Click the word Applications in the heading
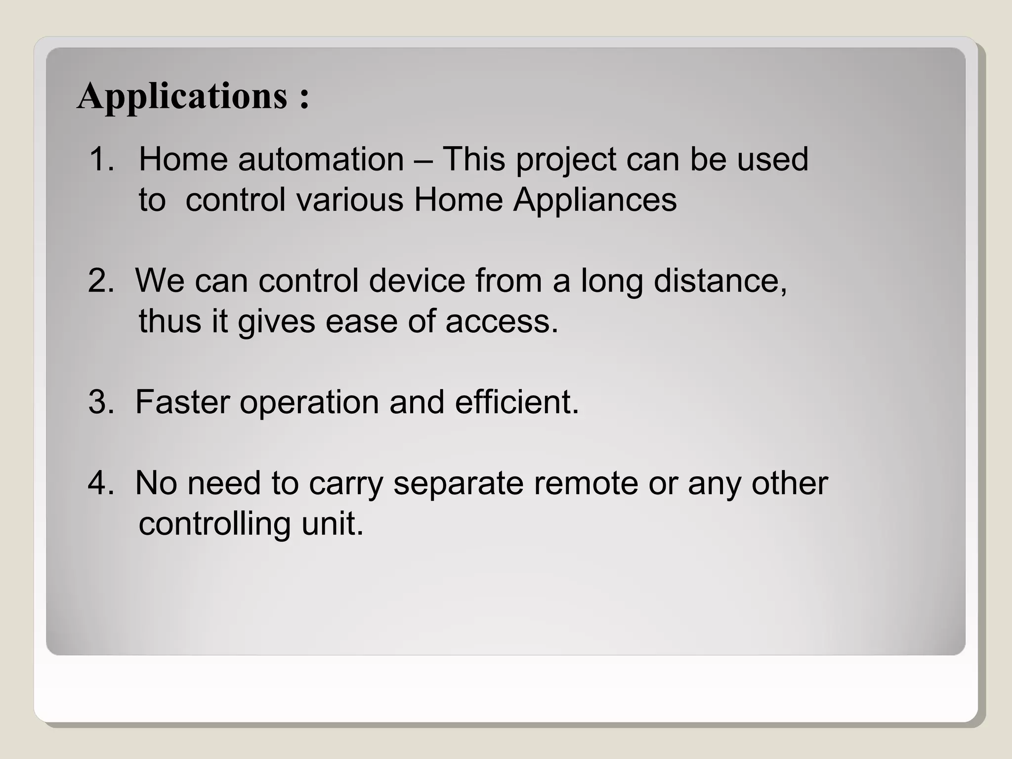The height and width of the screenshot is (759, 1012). pyautogui.click(x=182, y=96)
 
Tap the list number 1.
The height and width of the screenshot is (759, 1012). pyautogui.click(x=101, y=159)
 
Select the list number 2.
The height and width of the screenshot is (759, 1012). pyautogui.click(x=101, y=281)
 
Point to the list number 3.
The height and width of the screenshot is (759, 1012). pyautogui.click(x=101, y=402)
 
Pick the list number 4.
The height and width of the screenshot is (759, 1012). pyautogui.click(x=101, y=483)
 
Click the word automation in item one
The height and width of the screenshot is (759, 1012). pyautogui.click(x=321, y=159)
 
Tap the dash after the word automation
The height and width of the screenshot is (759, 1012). pyautogui.click(x=423, y=160)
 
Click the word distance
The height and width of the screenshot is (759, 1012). pyautogui.click(x=720, y=281)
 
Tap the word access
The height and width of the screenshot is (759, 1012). pyautogui.click(x=502, y=322)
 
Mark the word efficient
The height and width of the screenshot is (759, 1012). pyautogui.click(x=516, y=402)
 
